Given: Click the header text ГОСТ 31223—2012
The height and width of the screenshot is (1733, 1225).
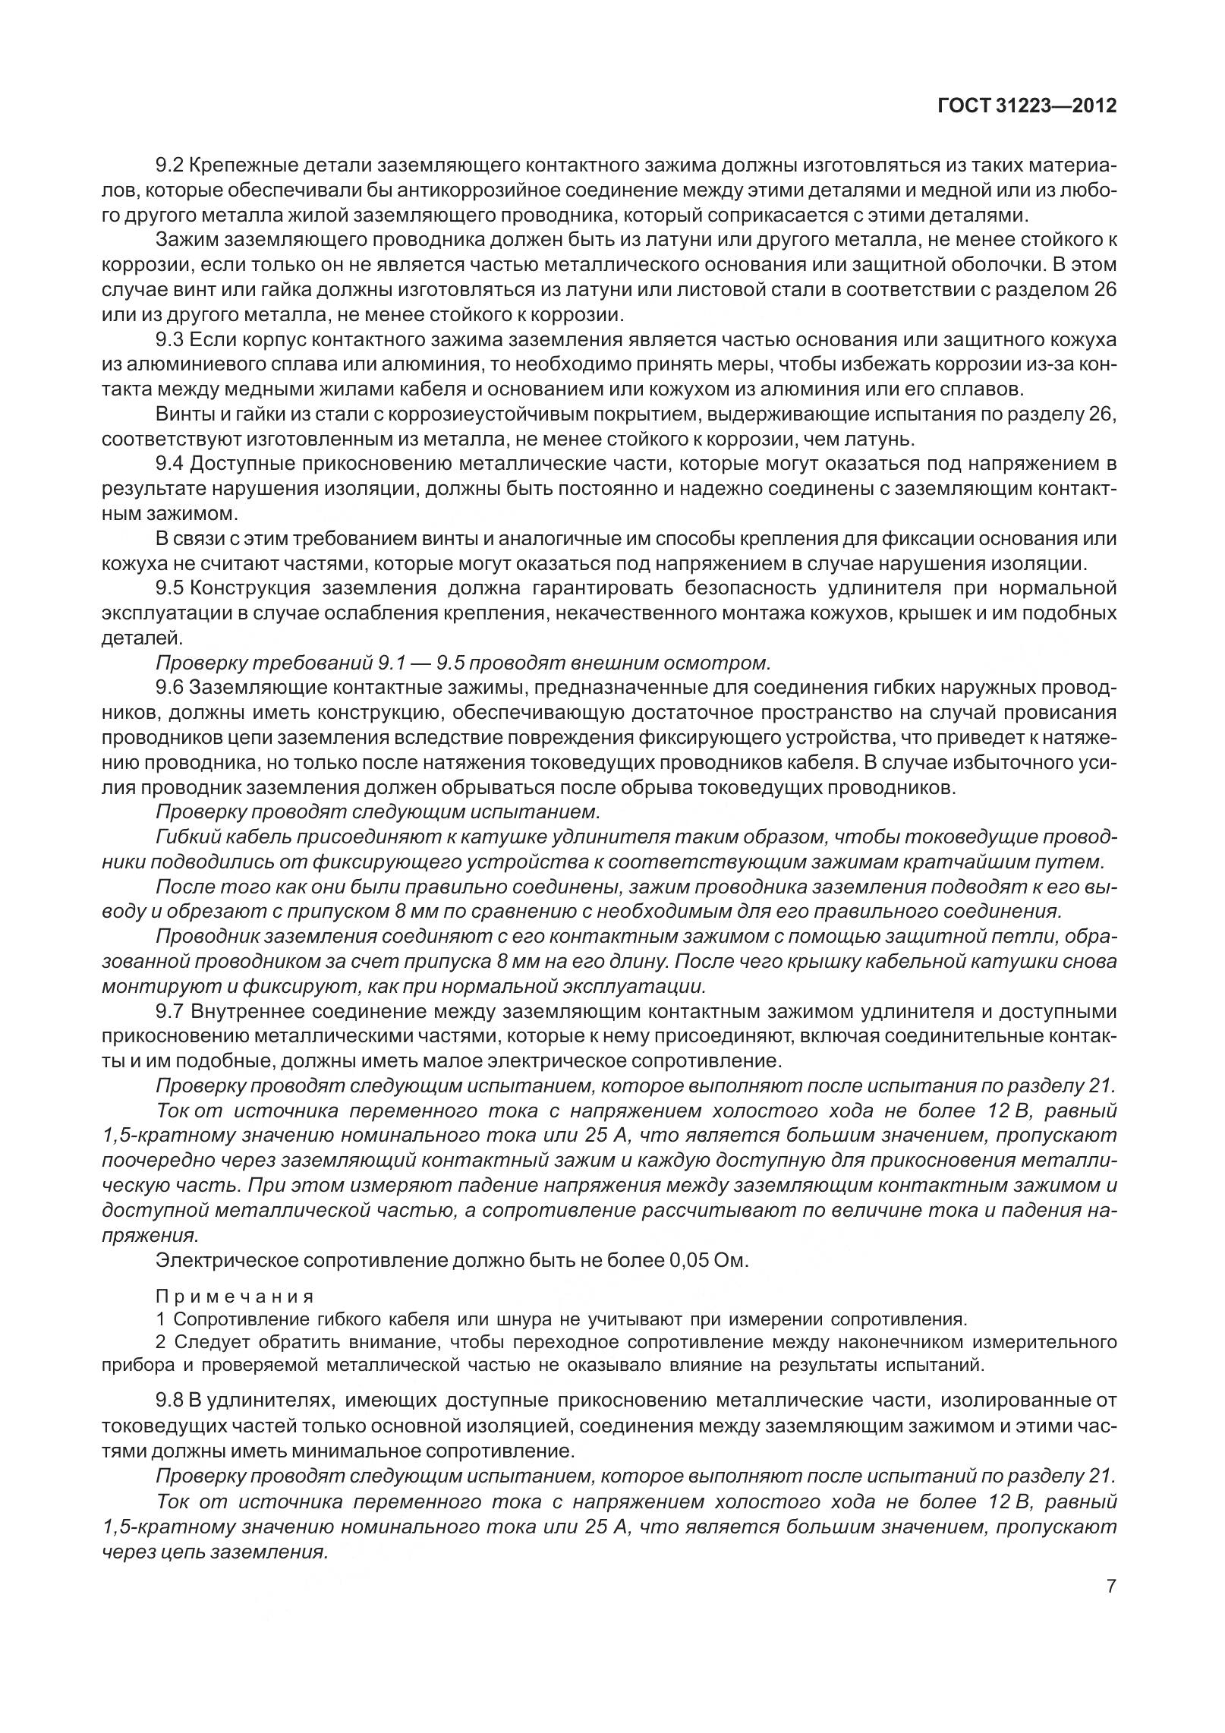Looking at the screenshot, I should [1027, 106].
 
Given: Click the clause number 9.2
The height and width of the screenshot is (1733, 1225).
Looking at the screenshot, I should [169, 165].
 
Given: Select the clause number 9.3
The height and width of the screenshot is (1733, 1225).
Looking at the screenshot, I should [169, 339].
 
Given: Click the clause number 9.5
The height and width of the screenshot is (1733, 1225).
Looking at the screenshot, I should [169, 588].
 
